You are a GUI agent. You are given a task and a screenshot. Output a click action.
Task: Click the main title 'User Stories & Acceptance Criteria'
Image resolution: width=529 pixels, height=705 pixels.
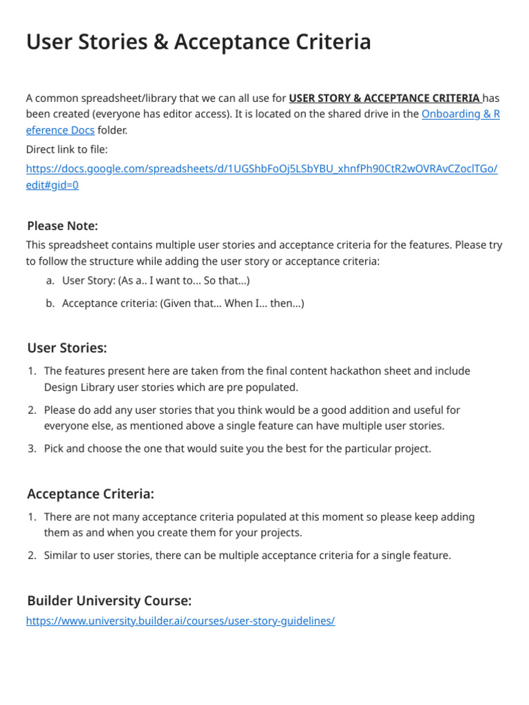198,42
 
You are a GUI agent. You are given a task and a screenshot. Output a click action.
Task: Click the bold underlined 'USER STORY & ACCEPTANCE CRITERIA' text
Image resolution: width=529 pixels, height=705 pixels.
384,98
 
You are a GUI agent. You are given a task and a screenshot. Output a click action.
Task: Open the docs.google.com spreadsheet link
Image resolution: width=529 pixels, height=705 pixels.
261,169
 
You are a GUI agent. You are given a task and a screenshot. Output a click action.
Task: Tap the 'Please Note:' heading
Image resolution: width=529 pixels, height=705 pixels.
63,226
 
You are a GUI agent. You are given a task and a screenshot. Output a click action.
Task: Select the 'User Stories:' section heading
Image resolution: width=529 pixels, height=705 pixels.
67,348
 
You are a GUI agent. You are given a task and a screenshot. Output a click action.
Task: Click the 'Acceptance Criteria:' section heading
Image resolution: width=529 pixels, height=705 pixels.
90,494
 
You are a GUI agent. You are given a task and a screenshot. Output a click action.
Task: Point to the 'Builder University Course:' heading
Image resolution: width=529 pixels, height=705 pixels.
109,600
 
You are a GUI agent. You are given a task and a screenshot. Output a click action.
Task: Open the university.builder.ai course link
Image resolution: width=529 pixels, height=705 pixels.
180,620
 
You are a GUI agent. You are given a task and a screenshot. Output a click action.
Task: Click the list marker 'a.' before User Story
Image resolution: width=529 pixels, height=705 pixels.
50,280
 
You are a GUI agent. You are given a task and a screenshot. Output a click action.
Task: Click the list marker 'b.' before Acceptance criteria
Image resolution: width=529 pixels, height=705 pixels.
50,303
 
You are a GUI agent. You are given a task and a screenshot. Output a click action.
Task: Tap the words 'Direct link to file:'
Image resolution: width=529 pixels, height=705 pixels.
67,149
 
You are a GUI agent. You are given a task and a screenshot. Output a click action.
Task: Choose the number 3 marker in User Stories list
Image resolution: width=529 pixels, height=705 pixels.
32,448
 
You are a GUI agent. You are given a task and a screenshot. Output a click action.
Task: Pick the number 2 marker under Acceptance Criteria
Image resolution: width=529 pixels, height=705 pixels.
32,555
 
